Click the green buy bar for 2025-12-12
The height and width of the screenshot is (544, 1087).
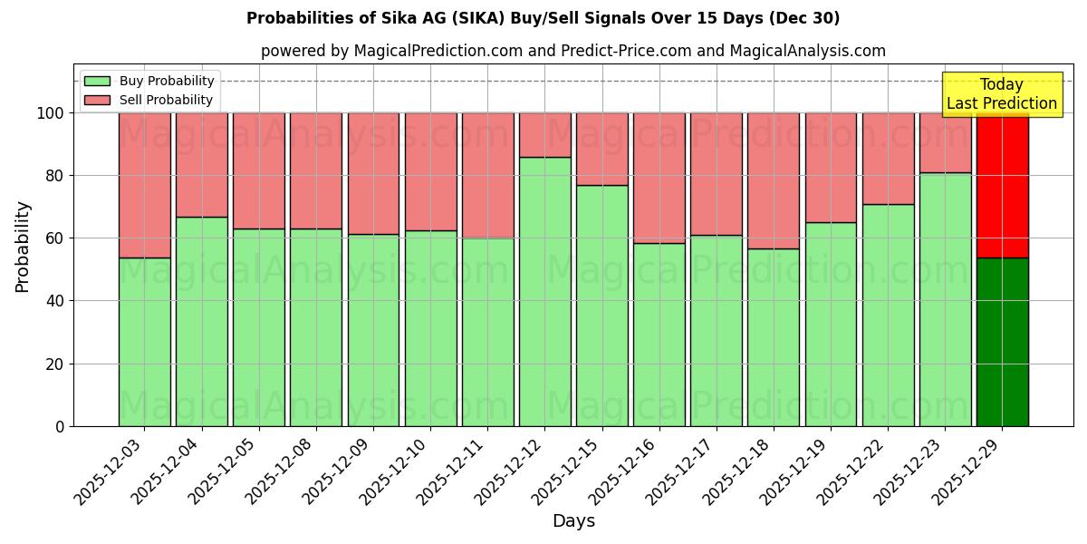544,291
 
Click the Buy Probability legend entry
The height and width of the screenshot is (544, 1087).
149,81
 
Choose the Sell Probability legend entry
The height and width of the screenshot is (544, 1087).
149,100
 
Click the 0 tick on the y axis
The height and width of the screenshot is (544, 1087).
60,426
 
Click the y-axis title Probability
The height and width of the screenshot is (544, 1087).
23,246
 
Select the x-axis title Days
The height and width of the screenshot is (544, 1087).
573,521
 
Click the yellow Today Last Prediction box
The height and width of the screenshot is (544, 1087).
1001,94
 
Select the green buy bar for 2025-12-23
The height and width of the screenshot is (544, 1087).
945,299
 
